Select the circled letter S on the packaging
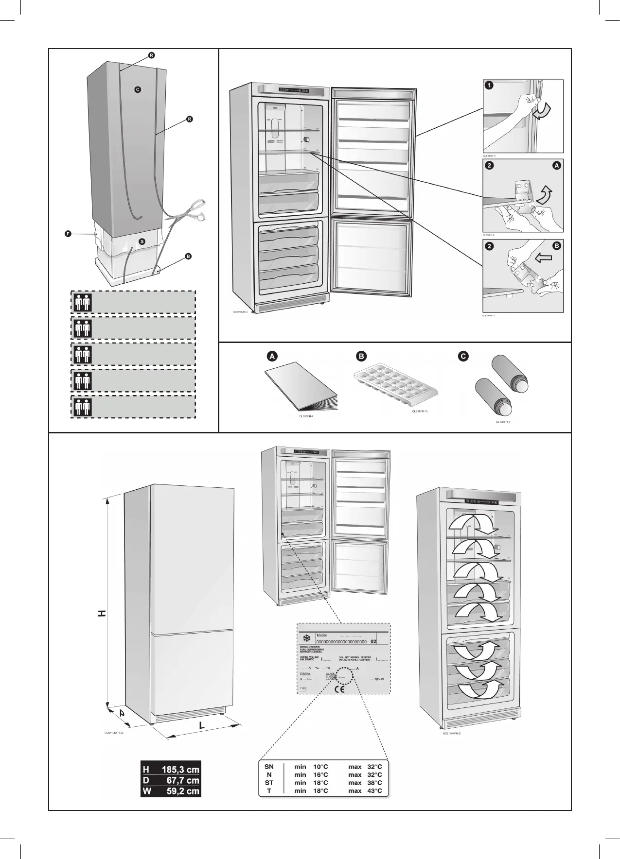(142, 241)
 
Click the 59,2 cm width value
(180, 791)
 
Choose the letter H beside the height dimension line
(102, 614)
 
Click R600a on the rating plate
(305, 674)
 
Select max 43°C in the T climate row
(365, 791)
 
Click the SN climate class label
(269, 767)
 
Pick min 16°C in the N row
(311, 775)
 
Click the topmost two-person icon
(81, 302)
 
